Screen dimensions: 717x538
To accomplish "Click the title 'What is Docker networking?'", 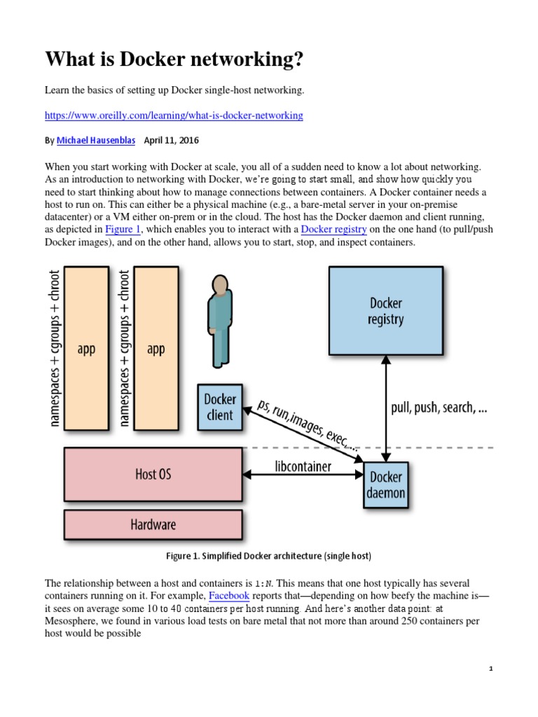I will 175,60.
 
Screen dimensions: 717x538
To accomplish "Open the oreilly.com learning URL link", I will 174,115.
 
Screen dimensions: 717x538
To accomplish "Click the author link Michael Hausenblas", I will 97,140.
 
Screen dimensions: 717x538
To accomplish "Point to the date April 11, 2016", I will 171,140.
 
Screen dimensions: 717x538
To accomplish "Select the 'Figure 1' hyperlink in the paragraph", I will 123,229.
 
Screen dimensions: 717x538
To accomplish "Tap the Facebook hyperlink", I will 229,596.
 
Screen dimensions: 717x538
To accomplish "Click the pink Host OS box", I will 153,474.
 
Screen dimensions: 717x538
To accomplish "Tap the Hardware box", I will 153,524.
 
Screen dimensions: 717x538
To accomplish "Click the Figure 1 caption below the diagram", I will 268,556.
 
